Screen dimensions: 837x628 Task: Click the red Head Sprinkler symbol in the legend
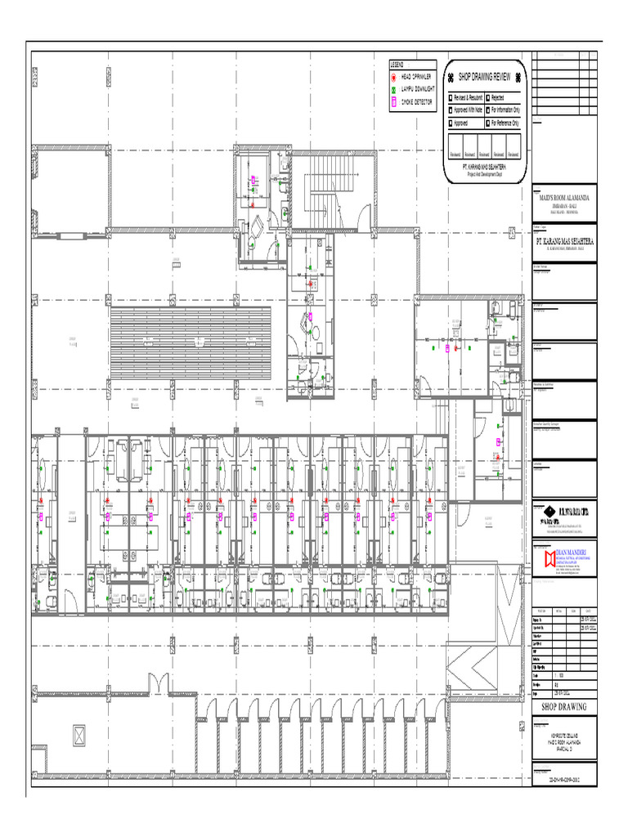(x=393, y=76)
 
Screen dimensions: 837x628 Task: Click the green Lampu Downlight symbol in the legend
(x=393, y=89)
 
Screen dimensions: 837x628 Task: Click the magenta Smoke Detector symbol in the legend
(x=393, y=101)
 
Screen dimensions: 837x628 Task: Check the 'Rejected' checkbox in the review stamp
(x=487, y=97)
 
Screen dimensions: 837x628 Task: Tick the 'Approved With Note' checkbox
(x=450, y=110)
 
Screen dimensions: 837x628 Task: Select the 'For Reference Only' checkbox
(x=487, y=123)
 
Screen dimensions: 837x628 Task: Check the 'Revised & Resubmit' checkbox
(x=450, y=97)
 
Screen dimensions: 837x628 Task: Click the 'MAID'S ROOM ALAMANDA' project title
(x=563, y=199)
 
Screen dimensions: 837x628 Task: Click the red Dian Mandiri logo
(x=549, y=558)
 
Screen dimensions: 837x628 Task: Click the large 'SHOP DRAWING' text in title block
(x=564, y=706)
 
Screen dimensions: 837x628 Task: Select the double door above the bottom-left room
(x=158, y=683)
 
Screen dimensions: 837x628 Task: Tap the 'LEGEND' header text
(x=397, y=64)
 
